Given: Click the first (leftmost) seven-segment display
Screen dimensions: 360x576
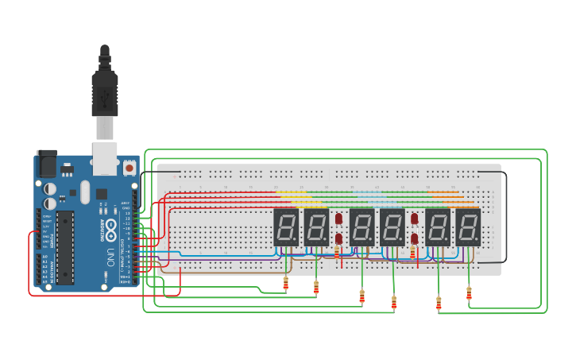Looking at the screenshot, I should pyautogui.click(x=285, y=227).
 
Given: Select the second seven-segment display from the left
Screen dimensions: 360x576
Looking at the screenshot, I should pyautogui.click(x=316, y=227).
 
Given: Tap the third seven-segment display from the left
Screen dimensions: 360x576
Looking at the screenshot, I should pyautogui.click(x=362, y=227).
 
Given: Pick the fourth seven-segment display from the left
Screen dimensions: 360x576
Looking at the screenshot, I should pyautogui.click(x=392, y=227).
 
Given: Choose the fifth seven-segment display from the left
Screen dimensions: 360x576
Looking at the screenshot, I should pyautogui.click(x=438, y=227).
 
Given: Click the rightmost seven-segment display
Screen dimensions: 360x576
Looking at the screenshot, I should pyautogui.click(x=468, y=227).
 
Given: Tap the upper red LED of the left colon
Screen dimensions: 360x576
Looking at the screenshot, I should pyautogui.click(x=338, y=218).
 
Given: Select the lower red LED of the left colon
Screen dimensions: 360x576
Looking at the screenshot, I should pyautogui.click(x=338, y=238).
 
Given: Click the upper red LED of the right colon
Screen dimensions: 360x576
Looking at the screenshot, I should pyautogui.click(x=414, y=218).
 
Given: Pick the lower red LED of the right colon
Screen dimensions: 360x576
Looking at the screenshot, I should pyautogui.click(x=414, y=238).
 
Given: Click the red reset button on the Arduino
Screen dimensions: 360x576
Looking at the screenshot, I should pyautogui.click(x=129, y=168).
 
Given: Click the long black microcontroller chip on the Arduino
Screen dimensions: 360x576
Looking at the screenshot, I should pyautogui.click(x=65, y=247).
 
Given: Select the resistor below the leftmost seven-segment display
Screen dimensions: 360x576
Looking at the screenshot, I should pyautogui.click(x=286, y=283).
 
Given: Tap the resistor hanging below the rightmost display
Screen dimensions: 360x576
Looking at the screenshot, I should pyautogui.click(x=469, y=293).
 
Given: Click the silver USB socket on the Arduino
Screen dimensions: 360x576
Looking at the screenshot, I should pyautogui.click(x=105, y=158).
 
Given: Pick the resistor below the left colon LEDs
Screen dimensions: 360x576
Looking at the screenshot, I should pyautogui.click(x=337, y=252).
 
